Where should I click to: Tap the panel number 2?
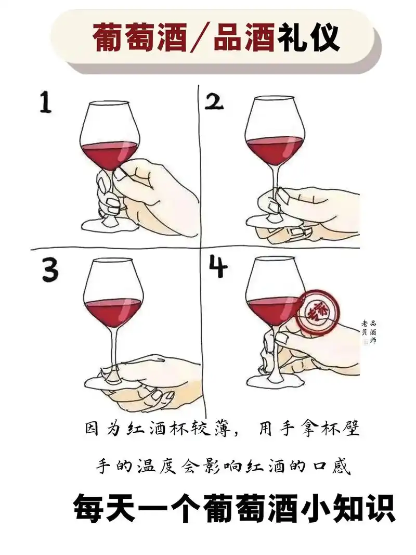click(213, 102)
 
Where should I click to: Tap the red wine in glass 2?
click(274, 149)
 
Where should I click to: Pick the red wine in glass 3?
click(112, 312)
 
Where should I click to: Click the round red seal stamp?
click(318, 313)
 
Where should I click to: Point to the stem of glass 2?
click(274, 179)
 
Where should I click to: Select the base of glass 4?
click(273, 381)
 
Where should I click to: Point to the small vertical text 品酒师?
click(373, 332)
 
